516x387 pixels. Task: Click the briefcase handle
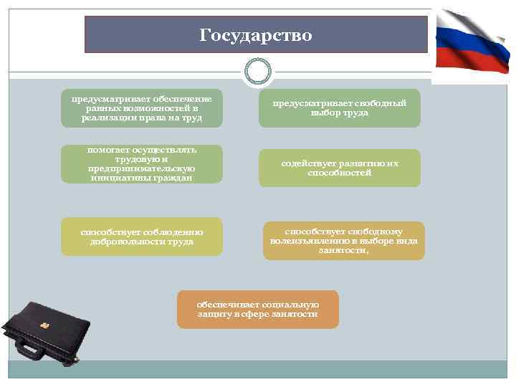pyautogui.click(x=29, y=350)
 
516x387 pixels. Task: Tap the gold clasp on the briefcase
pyautogui.click(x=44, y=325)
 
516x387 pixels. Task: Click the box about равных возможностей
pyautogui.click(x=141, y=107)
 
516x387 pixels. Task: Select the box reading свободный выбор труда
pyautogui.click(x=339, y=108)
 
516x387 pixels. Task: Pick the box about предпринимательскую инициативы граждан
pyautogui.click(x=141, y=164)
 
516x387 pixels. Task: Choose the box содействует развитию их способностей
pyautogui.click(x=339, y=168)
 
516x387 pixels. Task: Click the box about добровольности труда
pyautogui.click(x=141, y=236)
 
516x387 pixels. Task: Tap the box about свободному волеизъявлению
pyautogui.click(x=343, y=241)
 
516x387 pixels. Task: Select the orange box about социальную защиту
pyautogui.click(x=257, y=310)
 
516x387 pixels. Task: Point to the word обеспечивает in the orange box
pyautogui.click(x=219, y=305)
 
